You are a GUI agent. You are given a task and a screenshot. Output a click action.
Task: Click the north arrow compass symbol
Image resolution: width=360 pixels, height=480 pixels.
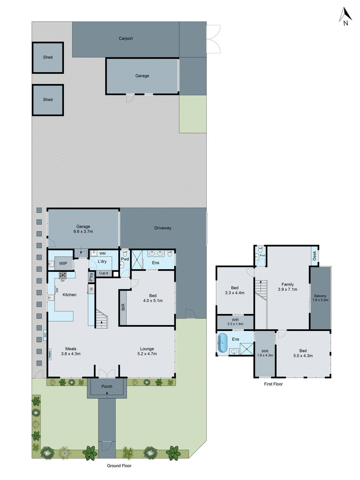click(x=345, y=16)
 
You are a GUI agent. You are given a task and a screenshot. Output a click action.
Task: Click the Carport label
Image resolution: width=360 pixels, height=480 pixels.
click(x=125, y=38)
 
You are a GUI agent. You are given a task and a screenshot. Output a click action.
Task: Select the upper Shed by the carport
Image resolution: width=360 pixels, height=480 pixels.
click(x=48, y=57)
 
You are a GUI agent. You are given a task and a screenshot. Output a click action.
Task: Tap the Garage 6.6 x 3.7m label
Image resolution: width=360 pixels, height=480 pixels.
click(x=83, y=229)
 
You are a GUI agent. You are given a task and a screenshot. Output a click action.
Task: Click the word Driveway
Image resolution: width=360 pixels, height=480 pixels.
click(x=163, y=228)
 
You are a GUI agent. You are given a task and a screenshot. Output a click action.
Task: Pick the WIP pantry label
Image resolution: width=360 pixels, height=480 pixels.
click(x=63, y=263)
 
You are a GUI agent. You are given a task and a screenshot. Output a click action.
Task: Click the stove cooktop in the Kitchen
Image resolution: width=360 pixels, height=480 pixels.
click(x=63, y=274)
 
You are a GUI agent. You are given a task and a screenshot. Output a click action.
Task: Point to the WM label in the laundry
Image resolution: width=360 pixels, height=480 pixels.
click(x=103, y=253)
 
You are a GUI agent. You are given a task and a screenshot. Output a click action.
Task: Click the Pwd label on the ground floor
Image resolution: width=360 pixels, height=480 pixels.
click(x=125, y=259)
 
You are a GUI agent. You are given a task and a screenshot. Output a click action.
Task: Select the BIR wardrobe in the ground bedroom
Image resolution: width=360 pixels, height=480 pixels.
click(x=123, y=307)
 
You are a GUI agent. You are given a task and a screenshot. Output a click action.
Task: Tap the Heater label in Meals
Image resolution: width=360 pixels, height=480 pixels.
click(x=49, y=354)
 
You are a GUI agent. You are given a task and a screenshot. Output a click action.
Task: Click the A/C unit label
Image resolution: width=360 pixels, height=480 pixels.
click(x=45, y=334)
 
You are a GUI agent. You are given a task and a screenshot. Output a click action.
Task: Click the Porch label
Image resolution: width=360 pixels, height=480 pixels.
click(x=107, y=386)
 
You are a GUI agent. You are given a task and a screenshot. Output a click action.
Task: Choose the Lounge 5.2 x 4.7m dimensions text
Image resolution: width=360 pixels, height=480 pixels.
click(x=147, y=354)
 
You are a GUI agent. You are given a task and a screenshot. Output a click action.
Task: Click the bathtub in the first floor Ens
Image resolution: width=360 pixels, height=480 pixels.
click(x=222, y=343)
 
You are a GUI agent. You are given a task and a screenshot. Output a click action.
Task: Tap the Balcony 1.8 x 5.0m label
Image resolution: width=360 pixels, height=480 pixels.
click(x=320, y=298)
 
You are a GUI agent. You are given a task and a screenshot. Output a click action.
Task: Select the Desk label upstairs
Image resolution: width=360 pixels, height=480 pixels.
click(x=314, y=256)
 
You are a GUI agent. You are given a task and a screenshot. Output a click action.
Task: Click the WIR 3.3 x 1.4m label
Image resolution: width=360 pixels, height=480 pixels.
click(x=235, y=322)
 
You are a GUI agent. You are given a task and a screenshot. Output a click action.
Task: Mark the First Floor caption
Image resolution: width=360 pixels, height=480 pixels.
click(x=273, y=384)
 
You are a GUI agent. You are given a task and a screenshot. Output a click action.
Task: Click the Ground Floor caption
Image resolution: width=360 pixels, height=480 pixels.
click(x=119, y=466)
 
